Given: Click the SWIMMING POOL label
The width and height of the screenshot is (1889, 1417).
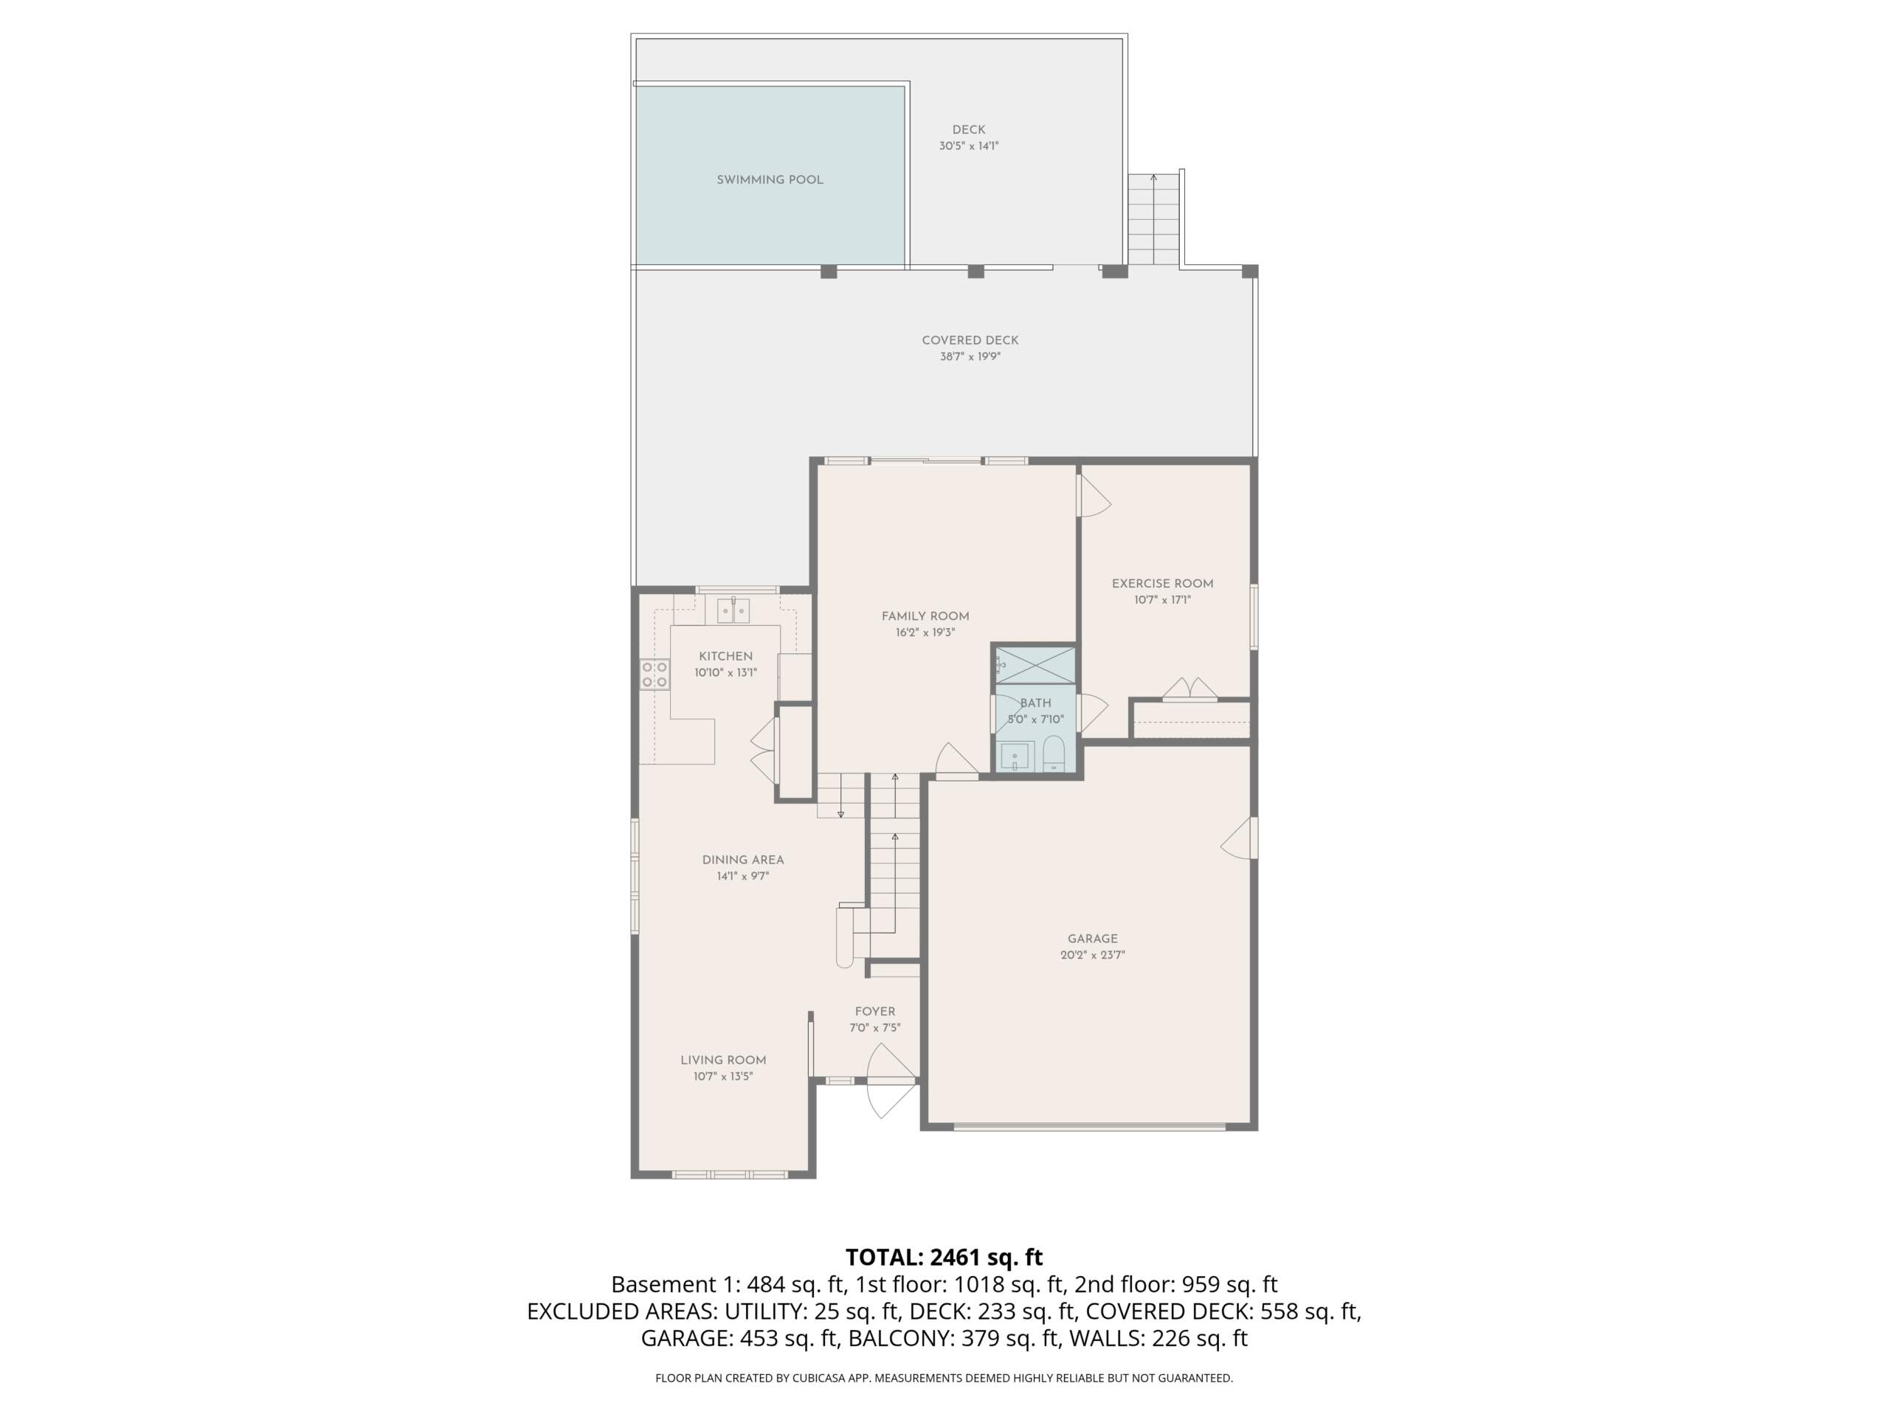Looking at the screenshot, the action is [770, 180].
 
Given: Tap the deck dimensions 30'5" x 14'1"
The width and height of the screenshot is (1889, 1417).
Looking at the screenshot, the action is [968, 146].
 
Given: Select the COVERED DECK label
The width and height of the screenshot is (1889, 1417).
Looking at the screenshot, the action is [970, 340].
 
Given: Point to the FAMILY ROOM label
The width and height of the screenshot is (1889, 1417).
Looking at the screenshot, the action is [925, 616].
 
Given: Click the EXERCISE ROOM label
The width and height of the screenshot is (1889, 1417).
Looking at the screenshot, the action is [1162, 583].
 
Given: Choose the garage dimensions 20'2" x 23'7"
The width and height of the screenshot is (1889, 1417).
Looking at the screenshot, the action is [1092, 955].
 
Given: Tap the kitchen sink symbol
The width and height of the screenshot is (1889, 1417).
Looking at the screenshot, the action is [733, 610].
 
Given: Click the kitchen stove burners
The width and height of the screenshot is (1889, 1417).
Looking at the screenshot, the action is [655, 674].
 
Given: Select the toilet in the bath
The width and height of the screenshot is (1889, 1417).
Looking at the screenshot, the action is [1054, 754].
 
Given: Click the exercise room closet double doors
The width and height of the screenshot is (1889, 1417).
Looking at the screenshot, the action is [1190, 689].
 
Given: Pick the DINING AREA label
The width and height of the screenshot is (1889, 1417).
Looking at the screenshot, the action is [743, 860].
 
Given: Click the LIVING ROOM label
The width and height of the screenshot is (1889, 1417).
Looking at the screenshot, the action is [723, 1060].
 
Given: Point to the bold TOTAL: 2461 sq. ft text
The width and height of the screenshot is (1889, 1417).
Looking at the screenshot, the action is [944, 1258].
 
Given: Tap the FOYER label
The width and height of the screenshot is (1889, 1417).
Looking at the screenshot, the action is [874, 1011].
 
